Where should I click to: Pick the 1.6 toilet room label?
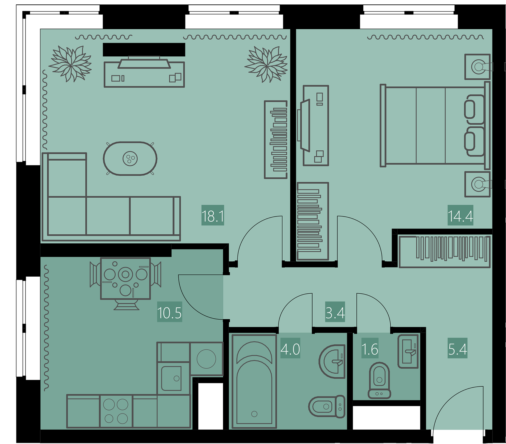click(370, 349)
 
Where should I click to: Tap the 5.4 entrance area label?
click(458, 349)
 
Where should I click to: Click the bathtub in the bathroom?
click(254, 381)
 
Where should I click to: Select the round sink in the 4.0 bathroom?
click(332, 361)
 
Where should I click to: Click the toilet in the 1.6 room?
click(379, 380)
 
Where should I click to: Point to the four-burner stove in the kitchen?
click(116, 411)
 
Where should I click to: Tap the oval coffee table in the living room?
click(130, 159)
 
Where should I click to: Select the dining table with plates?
click(125, 278)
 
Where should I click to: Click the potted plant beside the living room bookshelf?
click(266, 64)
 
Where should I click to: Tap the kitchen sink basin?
click(171, 378)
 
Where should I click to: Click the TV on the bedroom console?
click(304, 125)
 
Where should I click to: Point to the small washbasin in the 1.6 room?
click(408, 351)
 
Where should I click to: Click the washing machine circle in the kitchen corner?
click(206, 359)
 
